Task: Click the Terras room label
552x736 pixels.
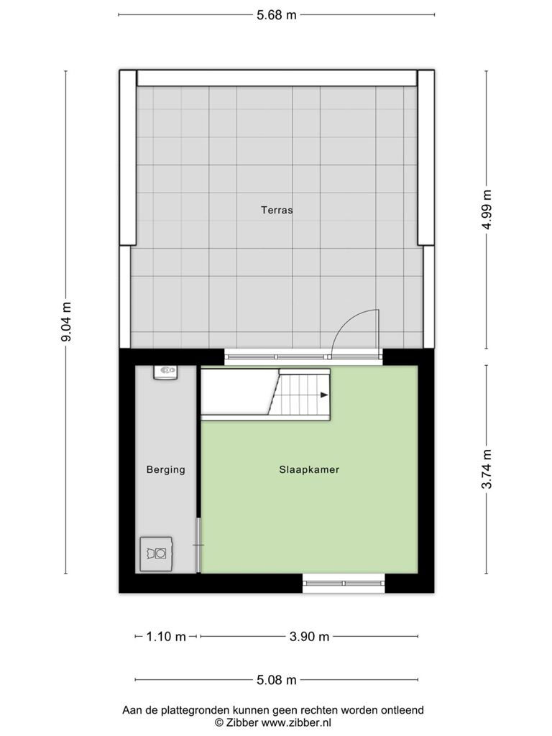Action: pyautogui.click(x=277, y=210)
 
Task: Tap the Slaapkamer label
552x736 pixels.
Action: pyautogui.click(x=309, y=469)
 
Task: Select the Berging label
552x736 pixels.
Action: pyautogui.click(x=166, y=469)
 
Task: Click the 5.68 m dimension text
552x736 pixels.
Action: pyautogui.click(x=277, y=15)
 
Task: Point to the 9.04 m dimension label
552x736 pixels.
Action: pyautogui.click(x=67, y=321)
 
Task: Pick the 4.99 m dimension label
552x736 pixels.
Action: pyautogui.click(x=487, y=209)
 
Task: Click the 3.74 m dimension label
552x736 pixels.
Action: pyautogui.click(x=487, y=469)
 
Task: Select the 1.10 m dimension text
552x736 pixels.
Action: pyautogui.click(x=166, y=637)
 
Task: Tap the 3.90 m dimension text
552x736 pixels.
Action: pyautogui.click(x=309, y=637)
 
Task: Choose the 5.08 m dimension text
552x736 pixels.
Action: pyautogui.click(x=277, y=680)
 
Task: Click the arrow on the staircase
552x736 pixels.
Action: pyautogui.click(x=324, y=395)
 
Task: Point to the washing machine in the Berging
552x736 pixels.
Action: pyautogui.click(x=156, y=554)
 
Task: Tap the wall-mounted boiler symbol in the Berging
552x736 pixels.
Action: pyautogui.click(x=166, y=372)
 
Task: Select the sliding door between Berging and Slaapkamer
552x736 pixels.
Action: pyautogui.click(x=198, y=545)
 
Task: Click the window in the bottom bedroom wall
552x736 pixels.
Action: pyautogui.click(x=344, y=583)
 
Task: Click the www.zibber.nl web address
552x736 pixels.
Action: pyautogui.click(x=296, y=723)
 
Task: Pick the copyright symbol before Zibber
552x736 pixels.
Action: pyautogui.click(x=218, y=723)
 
